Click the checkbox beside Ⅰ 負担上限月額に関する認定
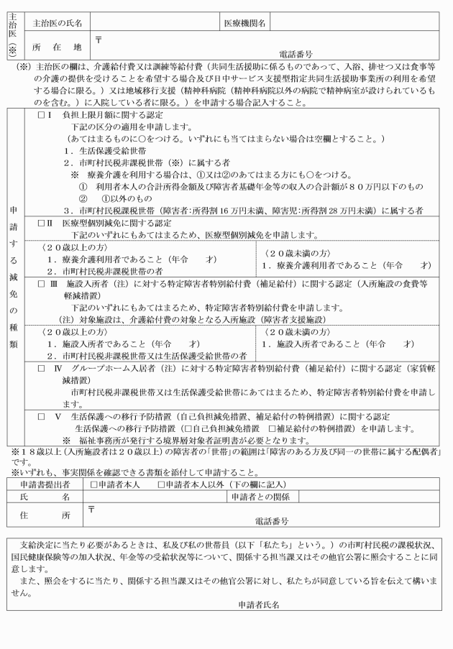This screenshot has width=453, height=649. coord(42,115)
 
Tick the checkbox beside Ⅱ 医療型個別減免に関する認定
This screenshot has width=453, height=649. coord(42,223)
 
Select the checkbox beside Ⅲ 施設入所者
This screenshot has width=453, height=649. coord(42,285)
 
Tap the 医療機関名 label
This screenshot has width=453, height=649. coord(245,24)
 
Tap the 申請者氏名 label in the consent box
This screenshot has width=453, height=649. coord(263,606)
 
